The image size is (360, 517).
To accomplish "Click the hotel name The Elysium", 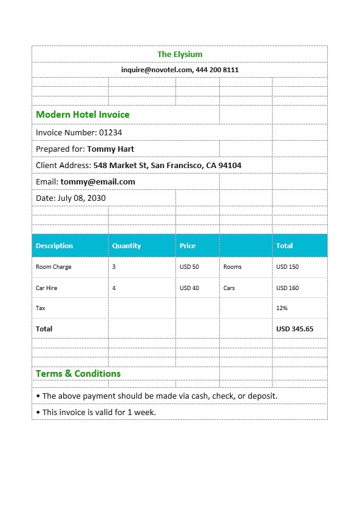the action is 180,55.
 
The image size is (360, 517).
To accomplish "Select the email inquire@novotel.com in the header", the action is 157,70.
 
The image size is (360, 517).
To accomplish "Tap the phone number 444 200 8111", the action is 217,70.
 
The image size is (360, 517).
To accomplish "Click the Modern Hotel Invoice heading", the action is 83,115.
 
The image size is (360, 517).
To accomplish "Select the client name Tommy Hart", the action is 110,149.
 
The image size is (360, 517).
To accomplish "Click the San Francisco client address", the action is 167,165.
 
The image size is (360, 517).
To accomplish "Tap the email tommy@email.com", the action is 98,181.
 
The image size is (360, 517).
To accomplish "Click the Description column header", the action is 54,246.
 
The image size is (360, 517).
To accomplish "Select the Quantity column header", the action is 126,246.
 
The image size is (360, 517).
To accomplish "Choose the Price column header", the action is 188,246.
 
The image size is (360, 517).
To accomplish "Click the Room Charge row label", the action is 53,267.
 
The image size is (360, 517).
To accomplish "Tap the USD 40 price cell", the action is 189,288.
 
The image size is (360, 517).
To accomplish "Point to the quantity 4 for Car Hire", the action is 114,288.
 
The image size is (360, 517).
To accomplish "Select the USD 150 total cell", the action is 287,267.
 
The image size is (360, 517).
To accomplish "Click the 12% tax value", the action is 282,308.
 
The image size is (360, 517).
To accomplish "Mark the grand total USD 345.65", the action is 294,329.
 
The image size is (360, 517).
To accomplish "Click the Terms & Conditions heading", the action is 78,374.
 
